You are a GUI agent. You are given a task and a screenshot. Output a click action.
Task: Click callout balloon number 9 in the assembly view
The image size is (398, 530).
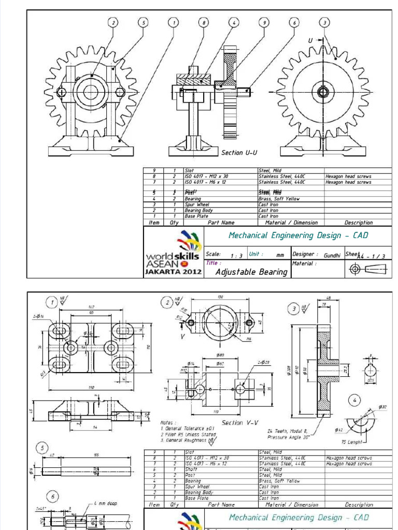pyautogui.click(x=264, y=22)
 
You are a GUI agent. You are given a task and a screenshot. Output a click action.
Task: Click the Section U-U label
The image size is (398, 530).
pyautogui.click(x=239, y=153)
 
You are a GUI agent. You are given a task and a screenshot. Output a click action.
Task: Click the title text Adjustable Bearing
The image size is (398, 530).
pyautogui.click(x=251, y=272)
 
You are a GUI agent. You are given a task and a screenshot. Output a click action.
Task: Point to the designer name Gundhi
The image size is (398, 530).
pyautogui.click(x=332, y=256)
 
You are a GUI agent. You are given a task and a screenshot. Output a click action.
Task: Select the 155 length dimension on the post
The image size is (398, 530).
pyautogui.click(x=96, y=454)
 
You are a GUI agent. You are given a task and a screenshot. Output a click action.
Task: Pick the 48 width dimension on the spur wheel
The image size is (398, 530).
pyautogui.click(x=328, y=297)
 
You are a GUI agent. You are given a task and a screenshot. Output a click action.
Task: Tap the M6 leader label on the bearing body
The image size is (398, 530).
pyautogui.click(x=249, y=339)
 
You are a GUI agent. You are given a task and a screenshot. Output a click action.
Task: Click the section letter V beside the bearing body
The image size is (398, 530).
pyautogui.click(x=182, y=336)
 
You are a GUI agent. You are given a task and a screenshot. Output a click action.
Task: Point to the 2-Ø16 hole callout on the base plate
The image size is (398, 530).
pyautogui.click(x=38, y=315)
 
